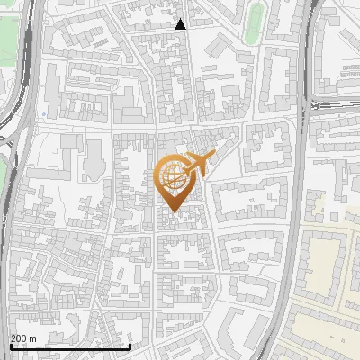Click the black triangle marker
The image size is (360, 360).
click(x=181, y=25)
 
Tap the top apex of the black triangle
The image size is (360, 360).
click(x=181, y=20)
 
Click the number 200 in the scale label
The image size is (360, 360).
click(x=19, y=338)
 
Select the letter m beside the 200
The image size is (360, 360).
click(x=32, y=338)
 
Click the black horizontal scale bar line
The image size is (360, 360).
click(x=69, y=346)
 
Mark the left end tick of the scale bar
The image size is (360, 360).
click(x=9, y=346)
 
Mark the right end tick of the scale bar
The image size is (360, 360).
click(x=130, y=346)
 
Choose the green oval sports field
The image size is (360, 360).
click(x=255, y=22)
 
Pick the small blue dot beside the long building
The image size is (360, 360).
click(x=43, y=114)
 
